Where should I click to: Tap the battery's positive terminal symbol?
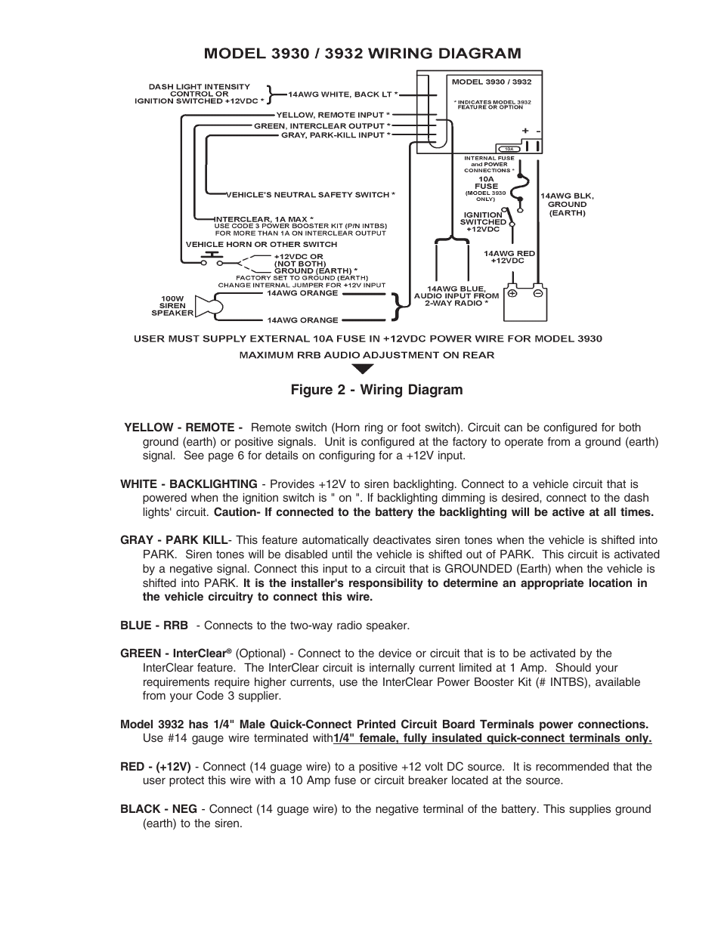pyautogui.click(x=512, y=292)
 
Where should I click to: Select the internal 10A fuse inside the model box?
pyautogui.click(x=508, y=149)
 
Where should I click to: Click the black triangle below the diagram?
pyautogui.click(x=363, y=369)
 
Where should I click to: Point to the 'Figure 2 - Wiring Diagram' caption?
pyautogui.click(x=376, y=390)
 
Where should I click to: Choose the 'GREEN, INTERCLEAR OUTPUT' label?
pyautogui.click(x=322, y=125)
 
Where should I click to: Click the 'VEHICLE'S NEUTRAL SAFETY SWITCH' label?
pyautogui.click(x=311, y=195)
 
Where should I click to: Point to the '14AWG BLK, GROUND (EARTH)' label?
pyautogui.click(x=567, y=204)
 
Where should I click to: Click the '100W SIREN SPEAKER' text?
pyautogui.click(x=172, y=305)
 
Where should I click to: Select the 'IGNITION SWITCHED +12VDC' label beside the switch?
pyautogui.click(x=483, y=222)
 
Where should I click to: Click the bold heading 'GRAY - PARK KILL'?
pyautogui.click(x=173, y=540)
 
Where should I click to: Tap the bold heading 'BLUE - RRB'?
pyautogui.click(x=153, y=626)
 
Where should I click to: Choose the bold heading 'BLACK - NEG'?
pyautogui.click(x=158, y=809)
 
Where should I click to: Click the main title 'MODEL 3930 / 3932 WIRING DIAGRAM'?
pyautogui.click(x=361, y=53)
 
